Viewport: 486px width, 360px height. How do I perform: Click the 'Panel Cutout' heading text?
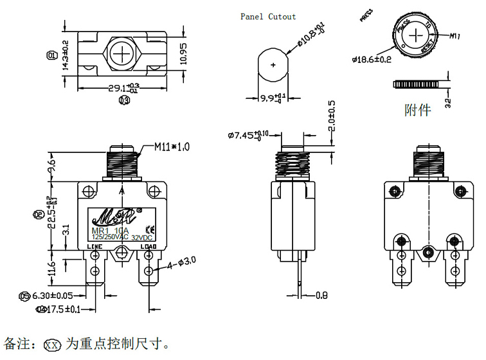[x=268, y=17]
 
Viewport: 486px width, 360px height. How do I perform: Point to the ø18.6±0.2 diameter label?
[x=372, y=59]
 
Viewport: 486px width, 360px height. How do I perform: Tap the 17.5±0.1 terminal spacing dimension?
[x=62, y=309]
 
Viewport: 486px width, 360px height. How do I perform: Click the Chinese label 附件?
[x=417, y=110]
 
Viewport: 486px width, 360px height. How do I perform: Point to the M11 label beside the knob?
[x=455, y=37]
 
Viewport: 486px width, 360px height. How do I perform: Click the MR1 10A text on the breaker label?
[x=107, y=231]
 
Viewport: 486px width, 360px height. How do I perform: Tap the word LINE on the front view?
[x=94, y=246]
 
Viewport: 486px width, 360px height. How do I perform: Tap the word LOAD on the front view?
[x=148, y=246]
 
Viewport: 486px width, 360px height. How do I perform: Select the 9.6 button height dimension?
[x=53, y=168]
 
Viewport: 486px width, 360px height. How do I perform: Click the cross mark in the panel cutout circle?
[x=273, y=65]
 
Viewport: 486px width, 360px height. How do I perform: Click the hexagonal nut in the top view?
[x=122, y=53]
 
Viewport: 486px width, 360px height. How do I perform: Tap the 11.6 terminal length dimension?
[x=53, y=266]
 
